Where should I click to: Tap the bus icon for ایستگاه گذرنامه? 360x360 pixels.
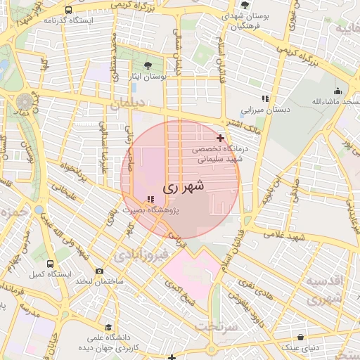[68, 11]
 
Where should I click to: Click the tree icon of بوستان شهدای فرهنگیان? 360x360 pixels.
[245, 6]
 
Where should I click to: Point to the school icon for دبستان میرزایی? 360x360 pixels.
[265, 99]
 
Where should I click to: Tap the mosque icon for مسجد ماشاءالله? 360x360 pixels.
[338, 91]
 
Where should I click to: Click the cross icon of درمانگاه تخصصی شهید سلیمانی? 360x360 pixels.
[221, 138]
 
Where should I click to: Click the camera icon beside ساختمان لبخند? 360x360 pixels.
[99, 271]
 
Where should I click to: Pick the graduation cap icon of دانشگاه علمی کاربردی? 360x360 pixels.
[108, 327]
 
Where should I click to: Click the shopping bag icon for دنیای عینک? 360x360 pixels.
[301, 337]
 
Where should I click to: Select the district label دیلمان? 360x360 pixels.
[127, 105]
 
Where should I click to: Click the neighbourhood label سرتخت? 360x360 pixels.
[214, 327]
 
